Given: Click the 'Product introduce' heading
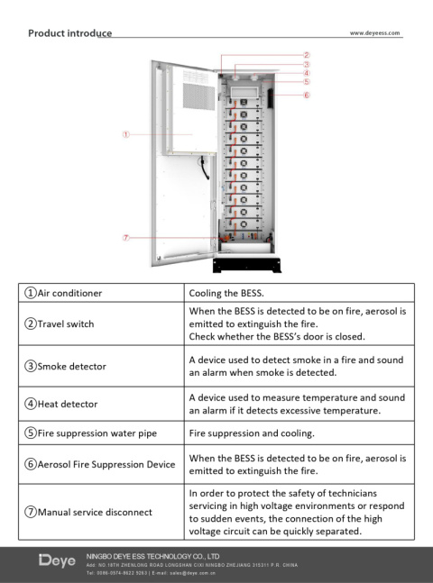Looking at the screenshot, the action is (x=70, y=33).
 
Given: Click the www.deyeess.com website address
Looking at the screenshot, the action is (x=374, y=33).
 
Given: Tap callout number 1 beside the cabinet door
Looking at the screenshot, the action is (x=126, y=134).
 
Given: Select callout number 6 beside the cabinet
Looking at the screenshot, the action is (x=307, y=95).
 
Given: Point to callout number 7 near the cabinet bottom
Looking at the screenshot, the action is (x=126, y=238).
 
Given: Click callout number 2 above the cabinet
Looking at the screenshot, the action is (x=307, y=55).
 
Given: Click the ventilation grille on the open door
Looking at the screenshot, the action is (x=198, y=96).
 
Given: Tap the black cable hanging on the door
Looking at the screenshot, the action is (x=204, y=168).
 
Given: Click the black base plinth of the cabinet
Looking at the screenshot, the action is (x=247, y=265).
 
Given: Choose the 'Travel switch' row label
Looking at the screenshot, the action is (x=60, y=323).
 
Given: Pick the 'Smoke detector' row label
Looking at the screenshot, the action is (x=65, y=366).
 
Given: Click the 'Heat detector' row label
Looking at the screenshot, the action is (x=61, y=404).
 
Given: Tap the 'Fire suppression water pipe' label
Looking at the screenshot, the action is (x=90, y=433).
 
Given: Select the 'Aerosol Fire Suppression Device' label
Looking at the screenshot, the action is (x=100, y=464).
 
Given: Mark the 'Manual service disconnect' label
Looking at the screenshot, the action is (x=88, y=512).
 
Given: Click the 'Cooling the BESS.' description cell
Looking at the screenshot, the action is (x=226, y=293).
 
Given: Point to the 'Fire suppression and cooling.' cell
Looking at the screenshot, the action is (x=252, y=433).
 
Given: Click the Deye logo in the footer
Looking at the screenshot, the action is (x=57, y=560).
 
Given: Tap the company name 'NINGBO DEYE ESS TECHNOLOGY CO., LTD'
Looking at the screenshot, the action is (x=152, y=556).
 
